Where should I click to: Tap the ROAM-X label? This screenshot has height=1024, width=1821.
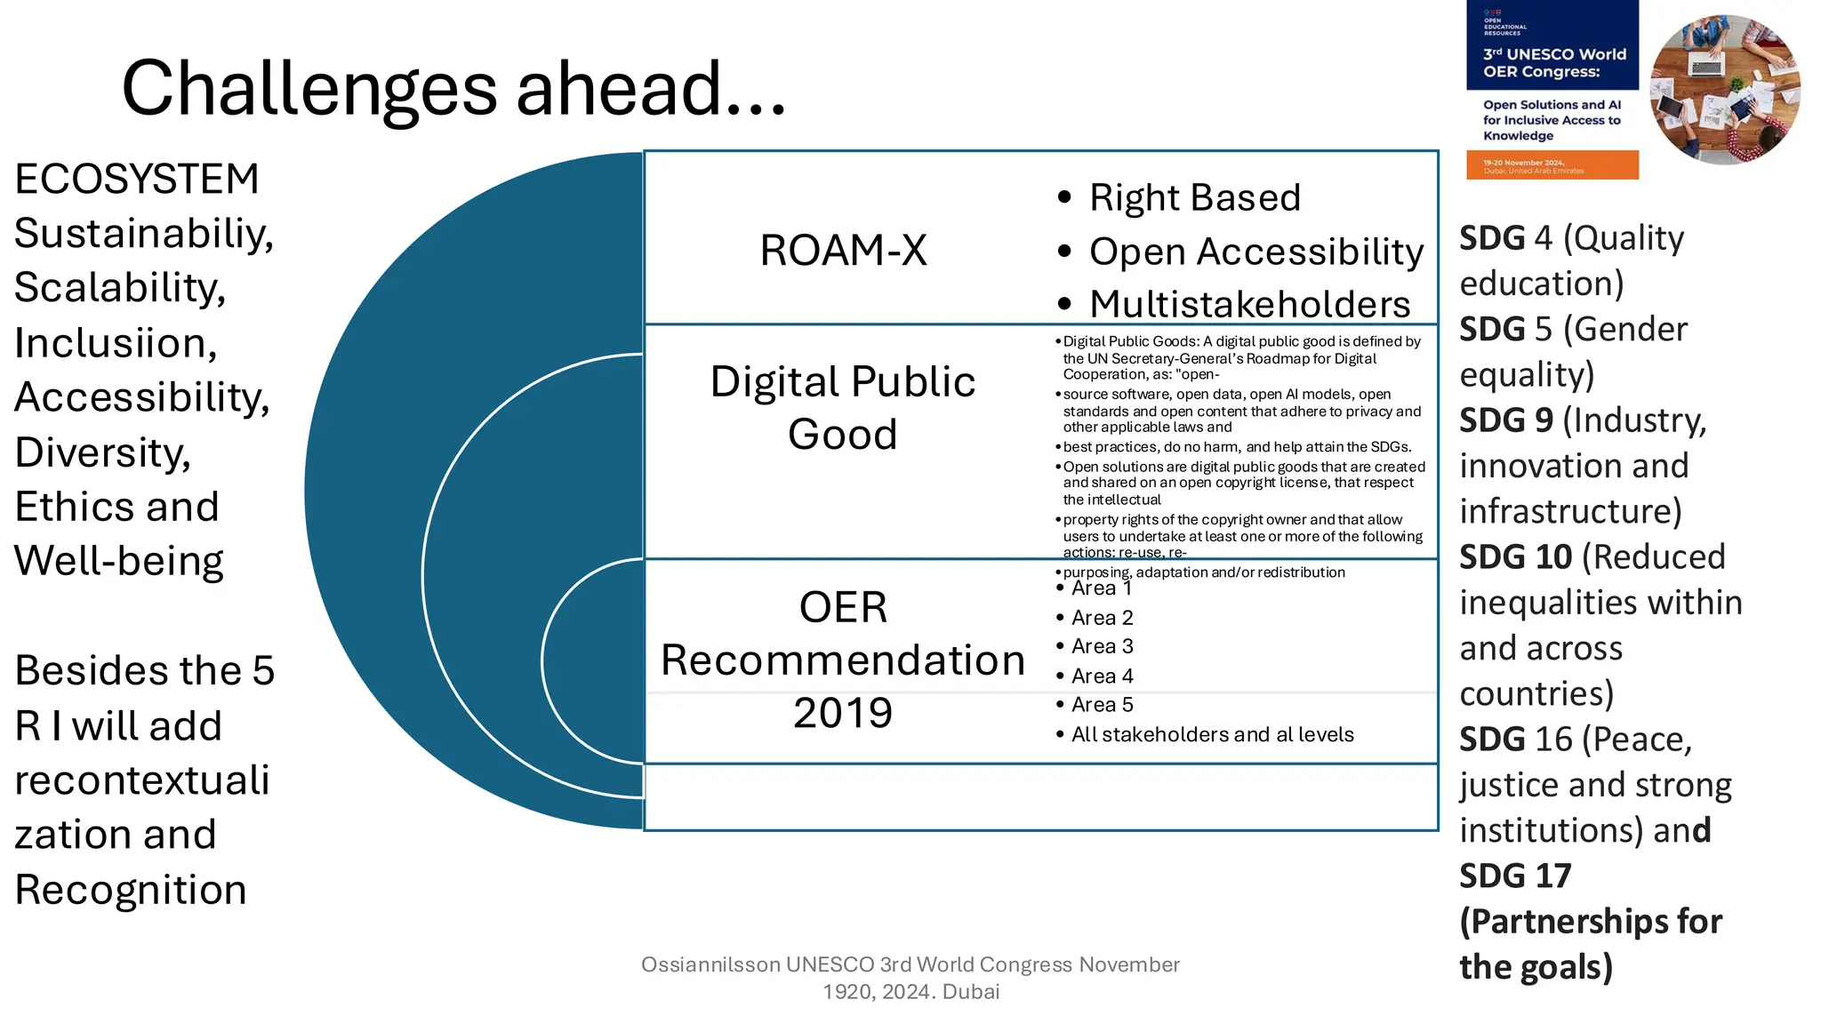click(x=843, y=250)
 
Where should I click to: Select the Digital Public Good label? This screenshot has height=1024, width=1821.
click(x=842, y=407)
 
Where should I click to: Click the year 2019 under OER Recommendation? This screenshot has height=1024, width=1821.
click(x=842, y=713)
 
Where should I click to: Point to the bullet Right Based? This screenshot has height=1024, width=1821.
click(x=1194, y=197)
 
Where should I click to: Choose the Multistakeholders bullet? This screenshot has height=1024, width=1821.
click(x=1249, y=304)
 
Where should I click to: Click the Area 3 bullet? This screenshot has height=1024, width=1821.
click(x=1102, y=646)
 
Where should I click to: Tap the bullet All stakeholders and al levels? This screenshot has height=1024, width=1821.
click(x=1212, y=734)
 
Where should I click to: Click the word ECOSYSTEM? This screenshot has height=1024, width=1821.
click(x=136, y=179)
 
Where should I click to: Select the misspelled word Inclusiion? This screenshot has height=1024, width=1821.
click(x=115, y=343)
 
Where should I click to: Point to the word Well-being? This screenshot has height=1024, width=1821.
click(x=119, y=562)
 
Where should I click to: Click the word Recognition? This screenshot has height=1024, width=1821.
click(x=131, y=890)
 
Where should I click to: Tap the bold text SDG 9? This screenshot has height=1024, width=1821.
click(x=1505, y=420)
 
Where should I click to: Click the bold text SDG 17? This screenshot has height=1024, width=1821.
click(x=1515, y=876)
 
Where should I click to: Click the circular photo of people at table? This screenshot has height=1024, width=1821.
click(x=1724, y=89)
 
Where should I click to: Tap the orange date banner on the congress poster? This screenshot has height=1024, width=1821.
click(x=1552, y=166)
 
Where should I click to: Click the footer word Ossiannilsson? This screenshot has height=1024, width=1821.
click(x=710, y=964)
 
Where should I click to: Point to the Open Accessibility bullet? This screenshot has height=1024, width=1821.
click(x=1255, y=252)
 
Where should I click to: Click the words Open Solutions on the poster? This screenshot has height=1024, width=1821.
click(x=1531, y=105)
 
